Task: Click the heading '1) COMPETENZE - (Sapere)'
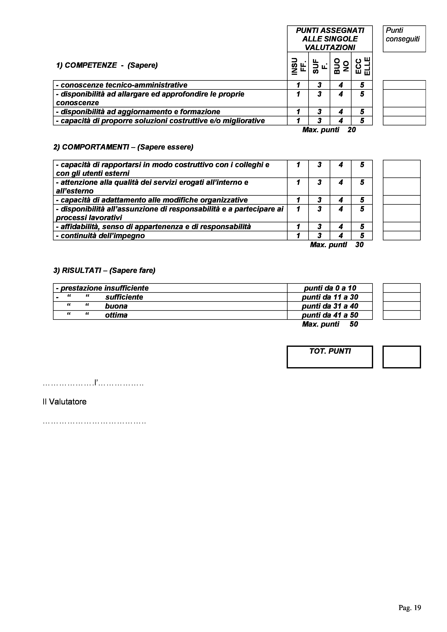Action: click(107, 65)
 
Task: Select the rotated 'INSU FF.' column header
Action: click(298, 66)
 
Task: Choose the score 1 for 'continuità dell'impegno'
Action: click(298, 236)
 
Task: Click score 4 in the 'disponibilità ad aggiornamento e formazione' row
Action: click(341, 112)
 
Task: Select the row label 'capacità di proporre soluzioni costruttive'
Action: click(160, 121)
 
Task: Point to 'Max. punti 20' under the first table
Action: click(329, 130)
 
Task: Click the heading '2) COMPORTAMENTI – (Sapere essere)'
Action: click(123, 147)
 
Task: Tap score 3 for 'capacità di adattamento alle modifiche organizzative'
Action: click(319, 200)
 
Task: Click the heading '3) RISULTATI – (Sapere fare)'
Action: click(104, 270)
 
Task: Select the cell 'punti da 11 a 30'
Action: click(330, 297)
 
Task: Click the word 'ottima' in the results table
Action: click(116, 315)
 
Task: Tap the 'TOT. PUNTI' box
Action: click(330, 357)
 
